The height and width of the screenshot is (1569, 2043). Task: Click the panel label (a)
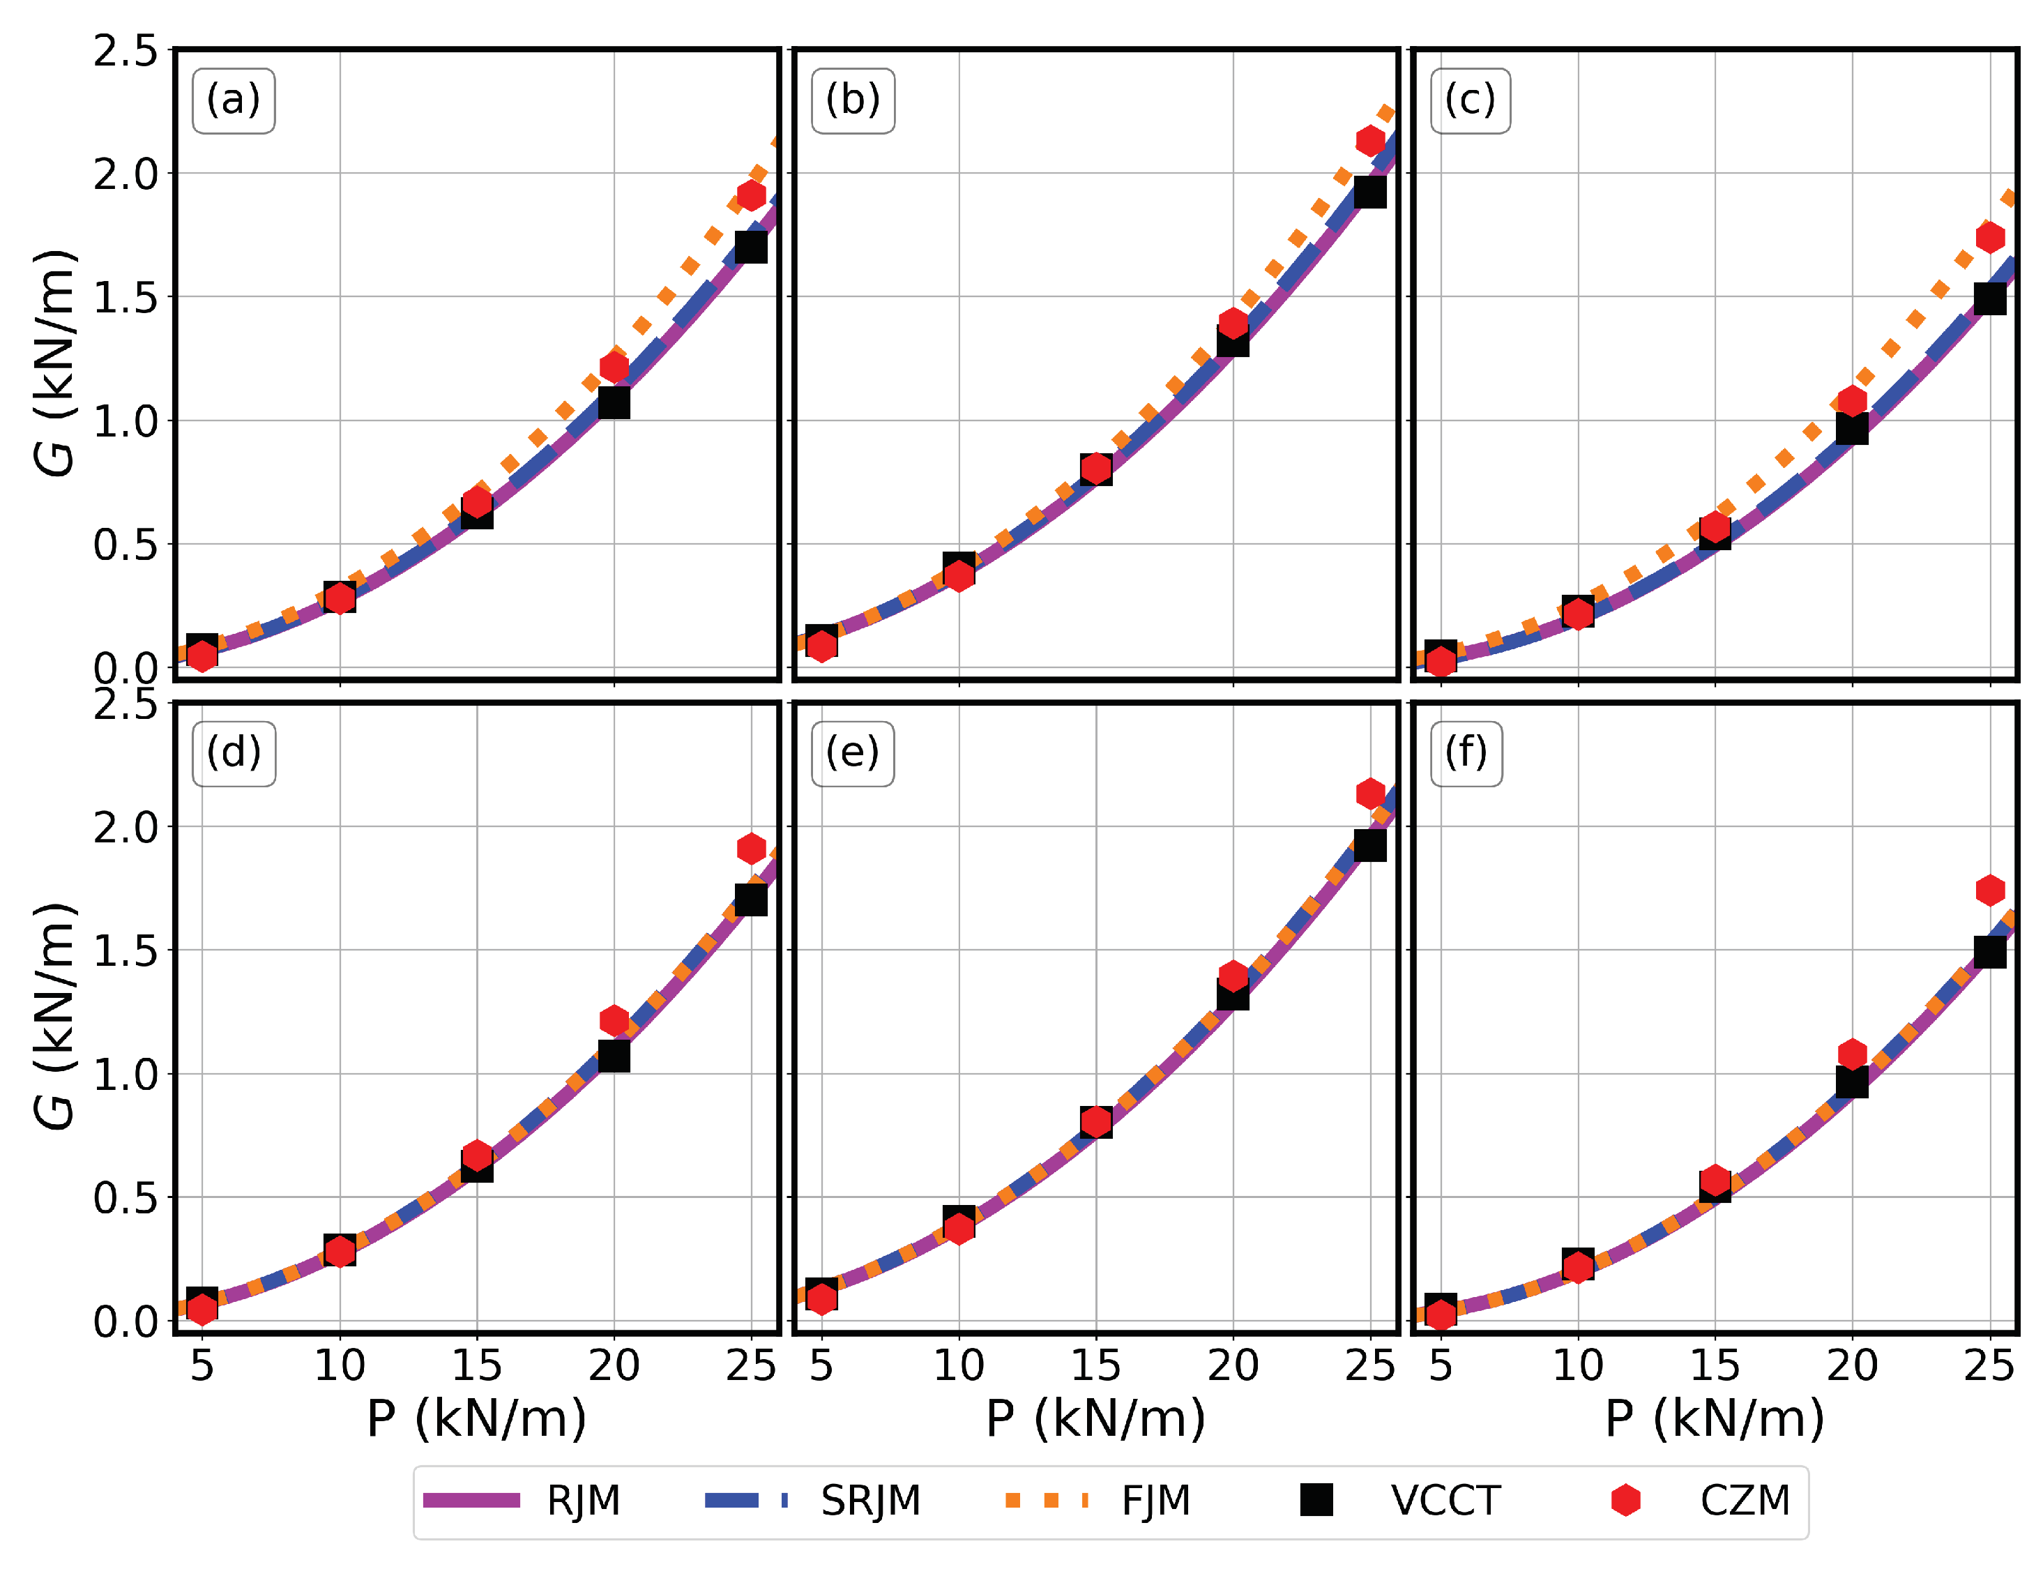pos(234,100)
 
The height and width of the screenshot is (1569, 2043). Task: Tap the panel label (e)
pos(853,752)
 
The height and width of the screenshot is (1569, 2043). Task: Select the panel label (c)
pos(1471,100)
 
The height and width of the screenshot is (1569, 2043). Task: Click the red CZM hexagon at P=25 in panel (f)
pos(1990,890)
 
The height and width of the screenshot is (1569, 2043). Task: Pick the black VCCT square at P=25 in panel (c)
pos(1990,299)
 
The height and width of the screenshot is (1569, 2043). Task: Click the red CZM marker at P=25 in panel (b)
pos(1369,141)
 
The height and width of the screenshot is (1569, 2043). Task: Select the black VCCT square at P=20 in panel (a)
pos(614,402)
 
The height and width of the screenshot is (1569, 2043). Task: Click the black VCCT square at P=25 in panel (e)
pos(1369,845)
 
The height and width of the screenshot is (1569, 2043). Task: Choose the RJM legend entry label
pos(584,1501)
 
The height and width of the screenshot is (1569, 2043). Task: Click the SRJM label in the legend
pos(870,1501)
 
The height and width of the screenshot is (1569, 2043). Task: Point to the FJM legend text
pos(1156,1501)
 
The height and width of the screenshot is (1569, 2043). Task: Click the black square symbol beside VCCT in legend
pos(1316,1500)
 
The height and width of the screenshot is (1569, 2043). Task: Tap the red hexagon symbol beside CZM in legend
pos(1625,1500)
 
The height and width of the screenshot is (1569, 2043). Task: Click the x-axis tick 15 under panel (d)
pos(476,1366)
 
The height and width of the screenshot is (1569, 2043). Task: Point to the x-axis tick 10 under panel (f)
pos(1577,1366)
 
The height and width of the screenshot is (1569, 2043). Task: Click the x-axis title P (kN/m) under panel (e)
pos(1095,1420)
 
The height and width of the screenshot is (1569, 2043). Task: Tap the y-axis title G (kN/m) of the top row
pos(54,364)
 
